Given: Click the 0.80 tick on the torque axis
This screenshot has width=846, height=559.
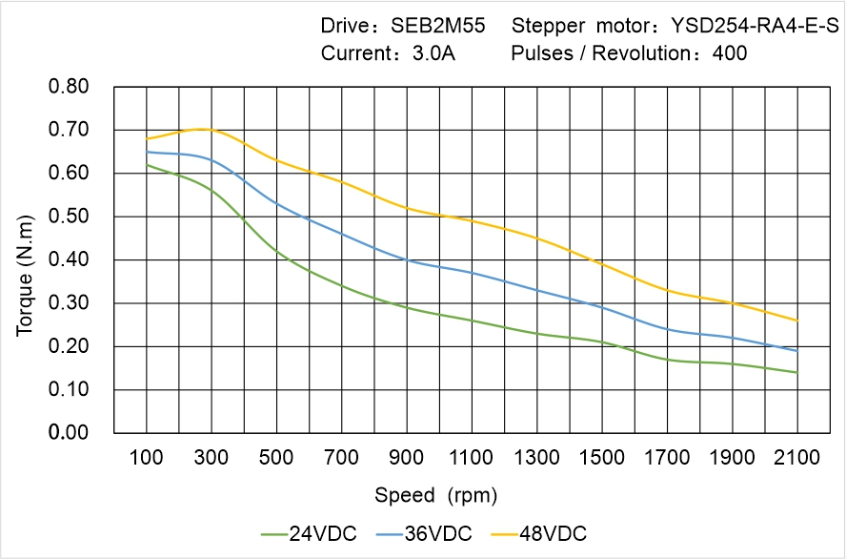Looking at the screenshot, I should click(69, 87).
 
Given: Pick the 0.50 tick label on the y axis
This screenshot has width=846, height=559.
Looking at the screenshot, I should click(69, 217).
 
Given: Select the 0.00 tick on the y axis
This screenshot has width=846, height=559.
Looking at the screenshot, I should click(69, 433).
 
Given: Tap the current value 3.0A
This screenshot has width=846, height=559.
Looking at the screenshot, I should click(433, 53).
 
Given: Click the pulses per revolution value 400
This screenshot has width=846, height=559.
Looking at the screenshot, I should click(730, 53).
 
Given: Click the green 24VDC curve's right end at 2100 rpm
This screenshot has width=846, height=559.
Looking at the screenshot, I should click(796, 372).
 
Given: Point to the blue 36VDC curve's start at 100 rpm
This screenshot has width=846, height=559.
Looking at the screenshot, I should click(147, 152).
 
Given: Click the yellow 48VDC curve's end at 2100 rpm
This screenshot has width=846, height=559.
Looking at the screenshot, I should click(796, 321).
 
